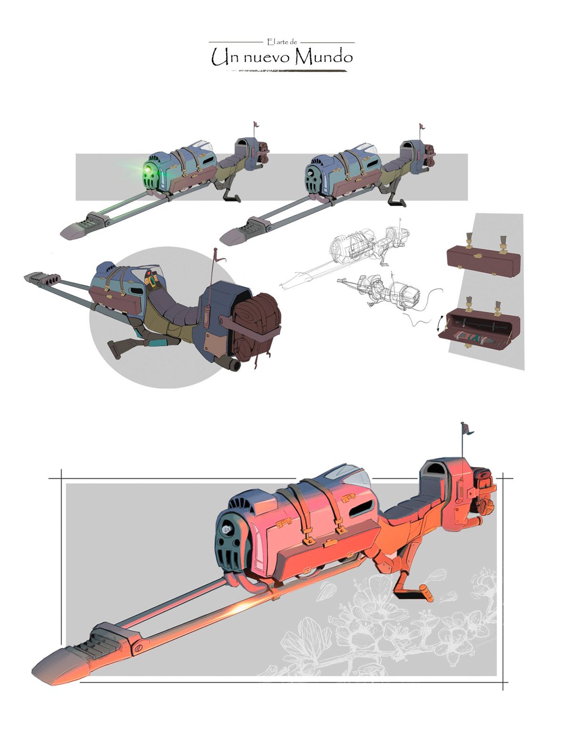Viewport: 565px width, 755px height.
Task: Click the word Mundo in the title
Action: (324, 57)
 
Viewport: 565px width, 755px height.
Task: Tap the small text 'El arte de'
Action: (282, 42)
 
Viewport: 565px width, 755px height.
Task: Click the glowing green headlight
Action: (148, 170)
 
